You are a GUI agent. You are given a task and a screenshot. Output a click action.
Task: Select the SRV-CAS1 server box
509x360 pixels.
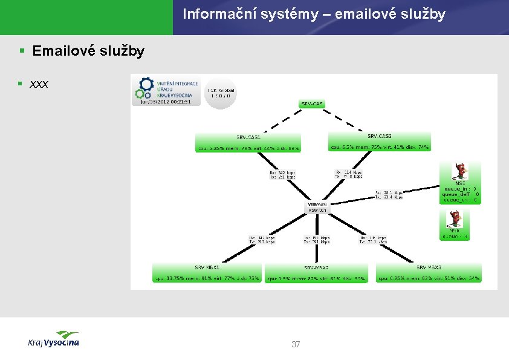248,142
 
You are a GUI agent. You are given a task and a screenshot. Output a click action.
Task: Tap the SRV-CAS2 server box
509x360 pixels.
380,142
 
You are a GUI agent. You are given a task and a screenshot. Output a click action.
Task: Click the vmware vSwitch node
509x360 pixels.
317,207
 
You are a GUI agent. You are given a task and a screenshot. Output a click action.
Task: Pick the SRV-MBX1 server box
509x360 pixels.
207,273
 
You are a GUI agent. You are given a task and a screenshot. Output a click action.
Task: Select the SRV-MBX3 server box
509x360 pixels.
429,273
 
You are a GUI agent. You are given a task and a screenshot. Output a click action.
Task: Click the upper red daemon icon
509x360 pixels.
462,171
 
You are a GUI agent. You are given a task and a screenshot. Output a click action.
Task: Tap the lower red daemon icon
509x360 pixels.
455,218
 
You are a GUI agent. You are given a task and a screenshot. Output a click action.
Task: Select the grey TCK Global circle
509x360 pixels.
219,93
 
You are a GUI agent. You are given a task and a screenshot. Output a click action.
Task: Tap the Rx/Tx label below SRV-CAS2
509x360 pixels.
349,174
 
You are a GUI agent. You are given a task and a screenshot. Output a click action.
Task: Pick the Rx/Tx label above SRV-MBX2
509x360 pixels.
317,241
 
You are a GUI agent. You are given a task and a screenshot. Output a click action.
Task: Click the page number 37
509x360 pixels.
296,345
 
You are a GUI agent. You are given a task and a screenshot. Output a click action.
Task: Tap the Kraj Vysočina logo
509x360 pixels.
54,339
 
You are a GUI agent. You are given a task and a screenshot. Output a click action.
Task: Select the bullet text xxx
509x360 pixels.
39,83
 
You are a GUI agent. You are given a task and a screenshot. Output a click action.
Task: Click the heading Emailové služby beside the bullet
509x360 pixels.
88,51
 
